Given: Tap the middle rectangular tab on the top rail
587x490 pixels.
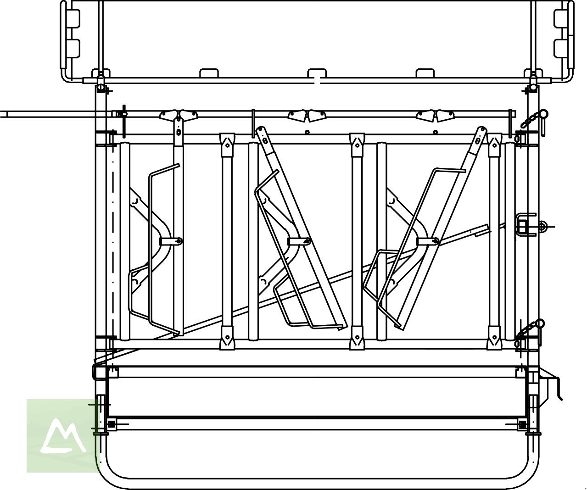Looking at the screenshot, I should [316, 73].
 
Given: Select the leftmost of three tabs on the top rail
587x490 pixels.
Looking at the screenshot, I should [208, 73].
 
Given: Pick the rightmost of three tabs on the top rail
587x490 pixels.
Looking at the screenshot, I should [425, 73].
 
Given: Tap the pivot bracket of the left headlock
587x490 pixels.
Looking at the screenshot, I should [171, 241].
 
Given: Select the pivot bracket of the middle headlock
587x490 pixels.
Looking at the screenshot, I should [300, 241].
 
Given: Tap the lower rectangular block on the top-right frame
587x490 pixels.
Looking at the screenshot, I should [561, 48].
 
